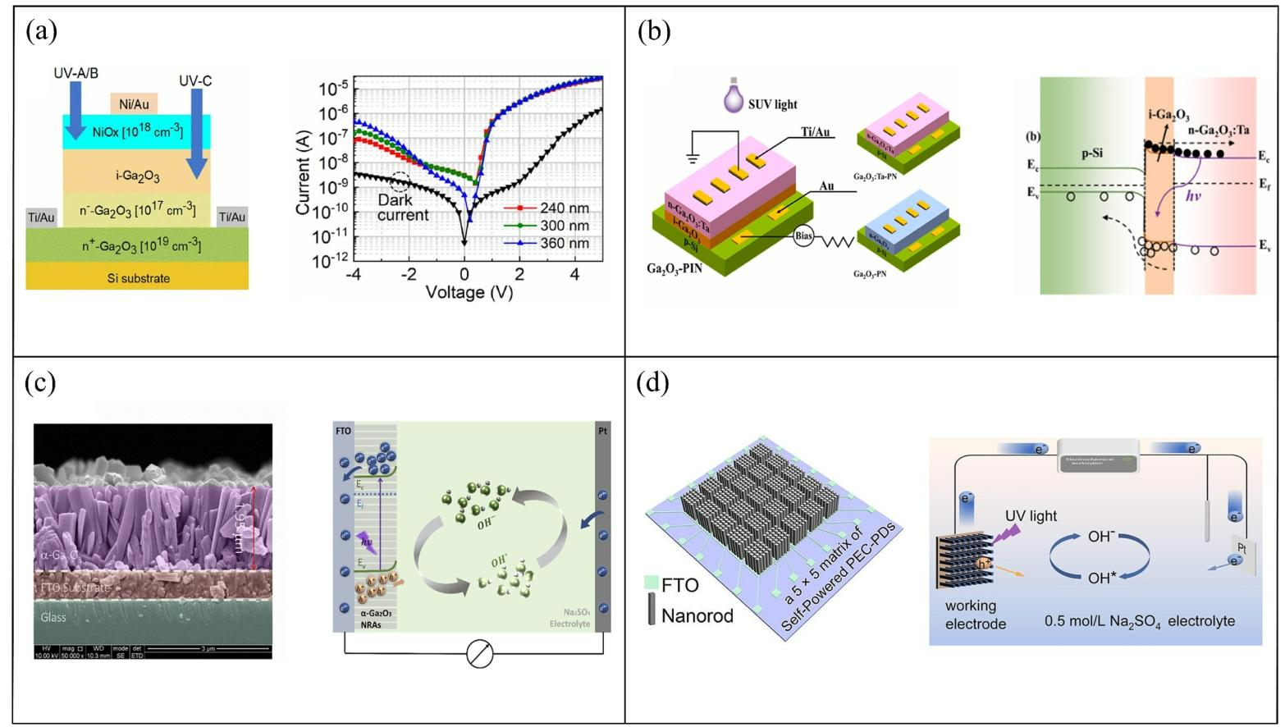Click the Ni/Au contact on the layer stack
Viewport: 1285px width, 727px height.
coord(135,103)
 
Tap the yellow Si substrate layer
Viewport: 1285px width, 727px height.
coord(137,277)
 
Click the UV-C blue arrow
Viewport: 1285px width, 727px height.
coord(196,132)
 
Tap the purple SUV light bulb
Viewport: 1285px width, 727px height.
coord(733,98)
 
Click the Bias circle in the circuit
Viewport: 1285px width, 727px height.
coord(804,236)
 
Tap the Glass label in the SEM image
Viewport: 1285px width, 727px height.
coord(53,617)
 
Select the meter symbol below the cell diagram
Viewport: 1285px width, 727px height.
coord(480,654)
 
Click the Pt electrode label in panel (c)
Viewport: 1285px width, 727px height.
coord(603,431)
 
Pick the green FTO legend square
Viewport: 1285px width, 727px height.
coord(652,583)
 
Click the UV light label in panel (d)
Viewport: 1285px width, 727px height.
coord(1031,515)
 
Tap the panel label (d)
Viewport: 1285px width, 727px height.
coord(652,382)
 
